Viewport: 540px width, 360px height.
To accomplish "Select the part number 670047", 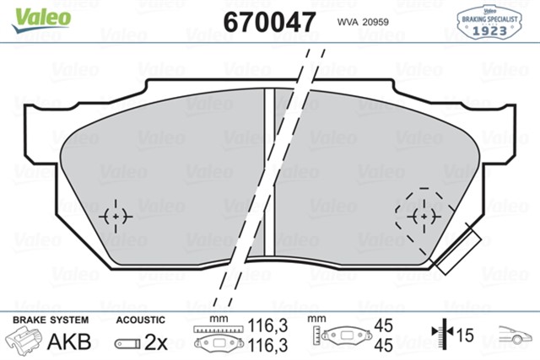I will point(269,19).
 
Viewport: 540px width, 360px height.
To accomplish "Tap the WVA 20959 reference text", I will point(364,21).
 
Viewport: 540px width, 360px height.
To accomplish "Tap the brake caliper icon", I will point(25,341).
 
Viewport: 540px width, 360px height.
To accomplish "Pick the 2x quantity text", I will point(158,342).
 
